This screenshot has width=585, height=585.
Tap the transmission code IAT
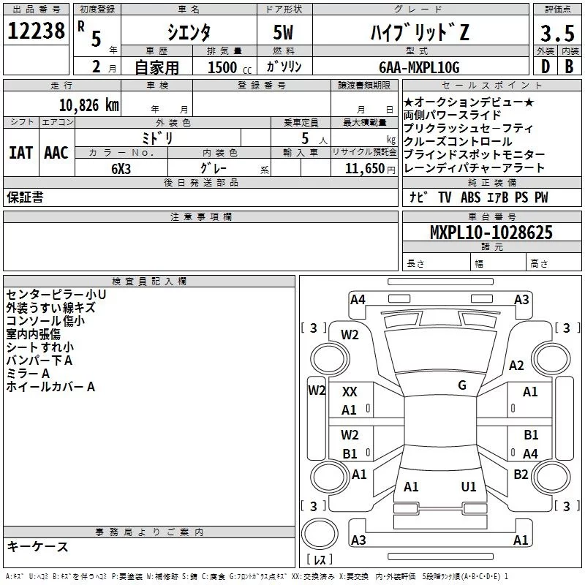20,153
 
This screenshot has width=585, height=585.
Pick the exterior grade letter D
544,67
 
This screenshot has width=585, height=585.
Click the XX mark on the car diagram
350,392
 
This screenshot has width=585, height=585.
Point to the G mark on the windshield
462,385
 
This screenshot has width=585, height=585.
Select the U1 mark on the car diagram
469,486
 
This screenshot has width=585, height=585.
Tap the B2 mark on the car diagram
521,474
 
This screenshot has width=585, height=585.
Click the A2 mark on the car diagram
516,366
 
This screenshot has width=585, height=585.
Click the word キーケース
38,546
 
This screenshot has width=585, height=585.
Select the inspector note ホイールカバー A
50,387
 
